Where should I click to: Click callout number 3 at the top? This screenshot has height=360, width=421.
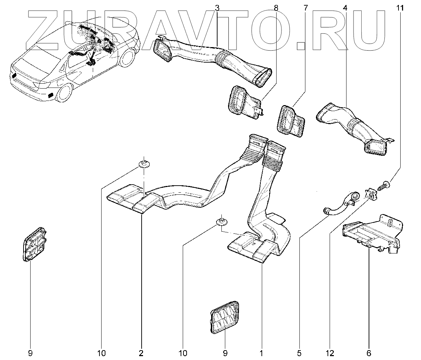point(217,8)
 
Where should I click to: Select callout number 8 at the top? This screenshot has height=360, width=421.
point(276,8)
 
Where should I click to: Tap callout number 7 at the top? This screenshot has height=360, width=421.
point(305,8)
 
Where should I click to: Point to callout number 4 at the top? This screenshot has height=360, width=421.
point(345,8)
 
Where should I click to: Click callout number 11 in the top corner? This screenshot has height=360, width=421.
point(400,8)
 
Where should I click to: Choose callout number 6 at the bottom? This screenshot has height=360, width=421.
point(369,353)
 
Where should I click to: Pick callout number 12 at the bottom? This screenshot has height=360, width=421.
point(330,353)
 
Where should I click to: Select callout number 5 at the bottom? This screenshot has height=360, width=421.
point(299,353)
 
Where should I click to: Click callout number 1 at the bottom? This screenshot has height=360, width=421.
point(261,353)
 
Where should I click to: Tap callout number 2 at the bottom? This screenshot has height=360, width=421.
point(141,353)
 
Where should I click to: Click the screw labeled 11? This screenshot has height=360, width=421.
point(383,186)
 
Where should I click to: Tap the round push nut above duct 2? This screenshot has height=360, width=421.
point(144,163)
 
